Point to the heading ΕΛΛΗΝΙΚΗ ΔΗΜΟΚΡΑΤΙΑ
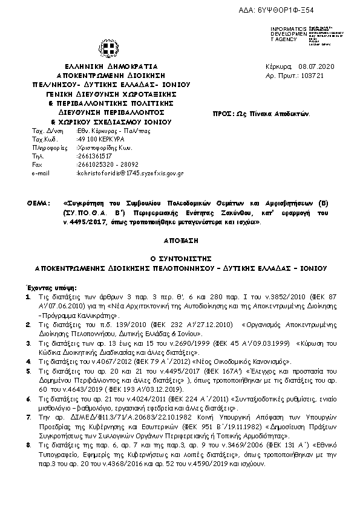click(x=111, y=66)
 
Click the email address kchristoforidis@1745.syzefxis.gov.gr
click(x=130, y=173)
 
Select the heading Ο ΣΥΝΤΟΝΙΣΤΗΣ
click(x=180, y=257)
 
